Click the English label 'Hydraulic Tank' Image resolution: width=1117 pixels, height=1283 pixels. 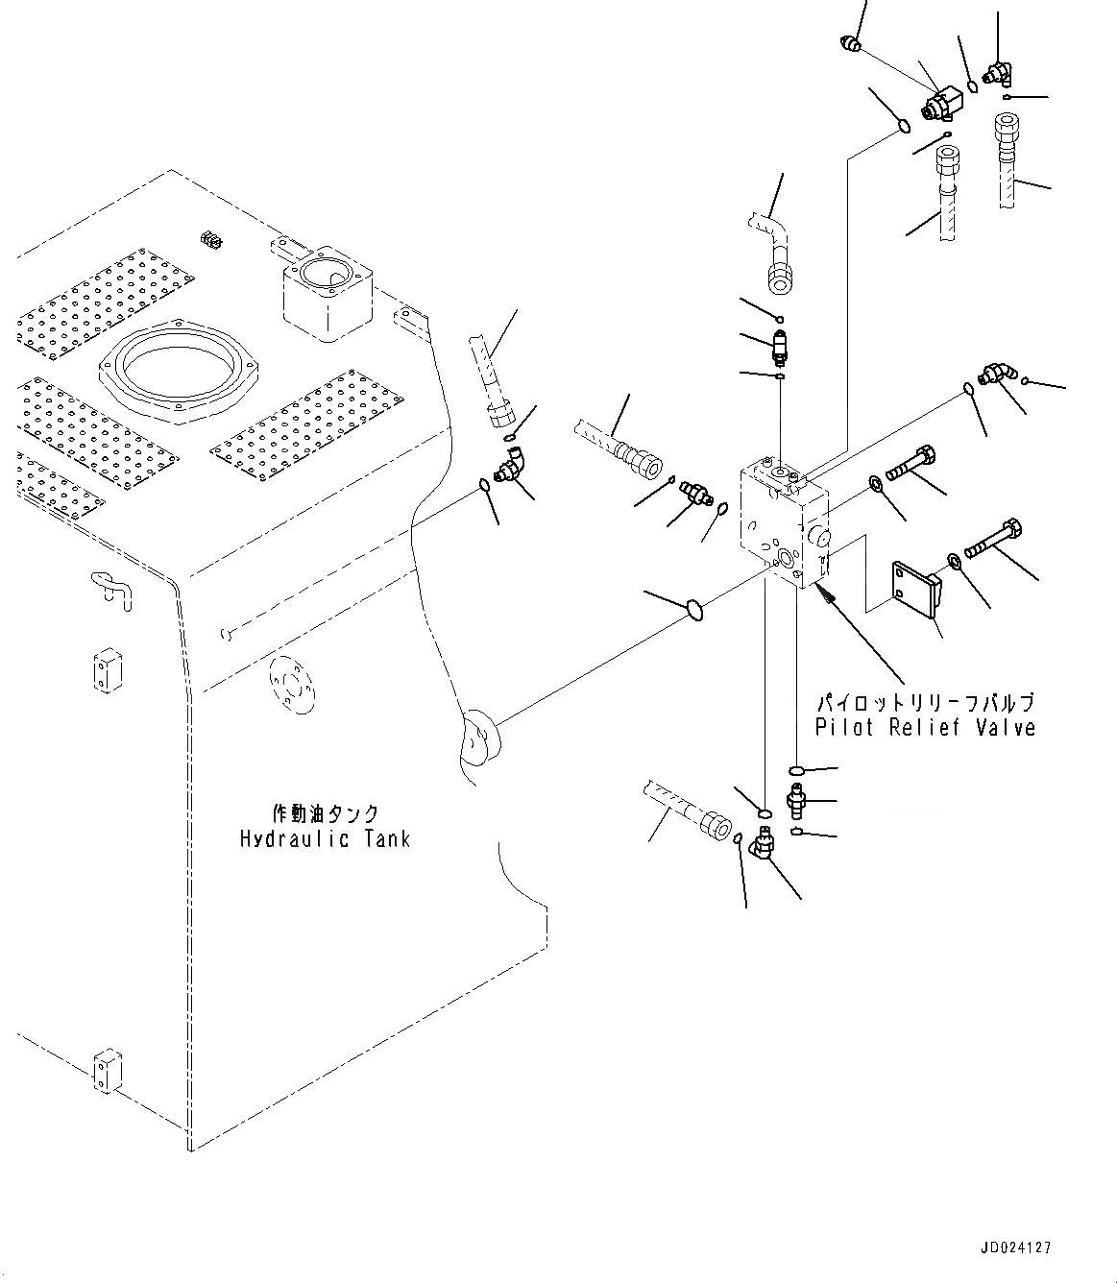(x=325, y=839)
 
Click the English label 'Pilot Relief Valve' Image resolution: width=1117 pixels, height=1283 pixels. (x=925, y=727)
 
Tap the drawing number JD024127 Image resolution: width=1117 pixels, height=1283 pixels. (x=1016, y=1247)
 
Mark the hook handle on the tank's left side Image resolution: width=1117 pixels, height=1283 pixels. (x=110, y=587)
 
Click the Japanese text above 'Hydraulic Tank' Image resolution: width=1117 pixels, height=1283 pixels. (x=326, y=814)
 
